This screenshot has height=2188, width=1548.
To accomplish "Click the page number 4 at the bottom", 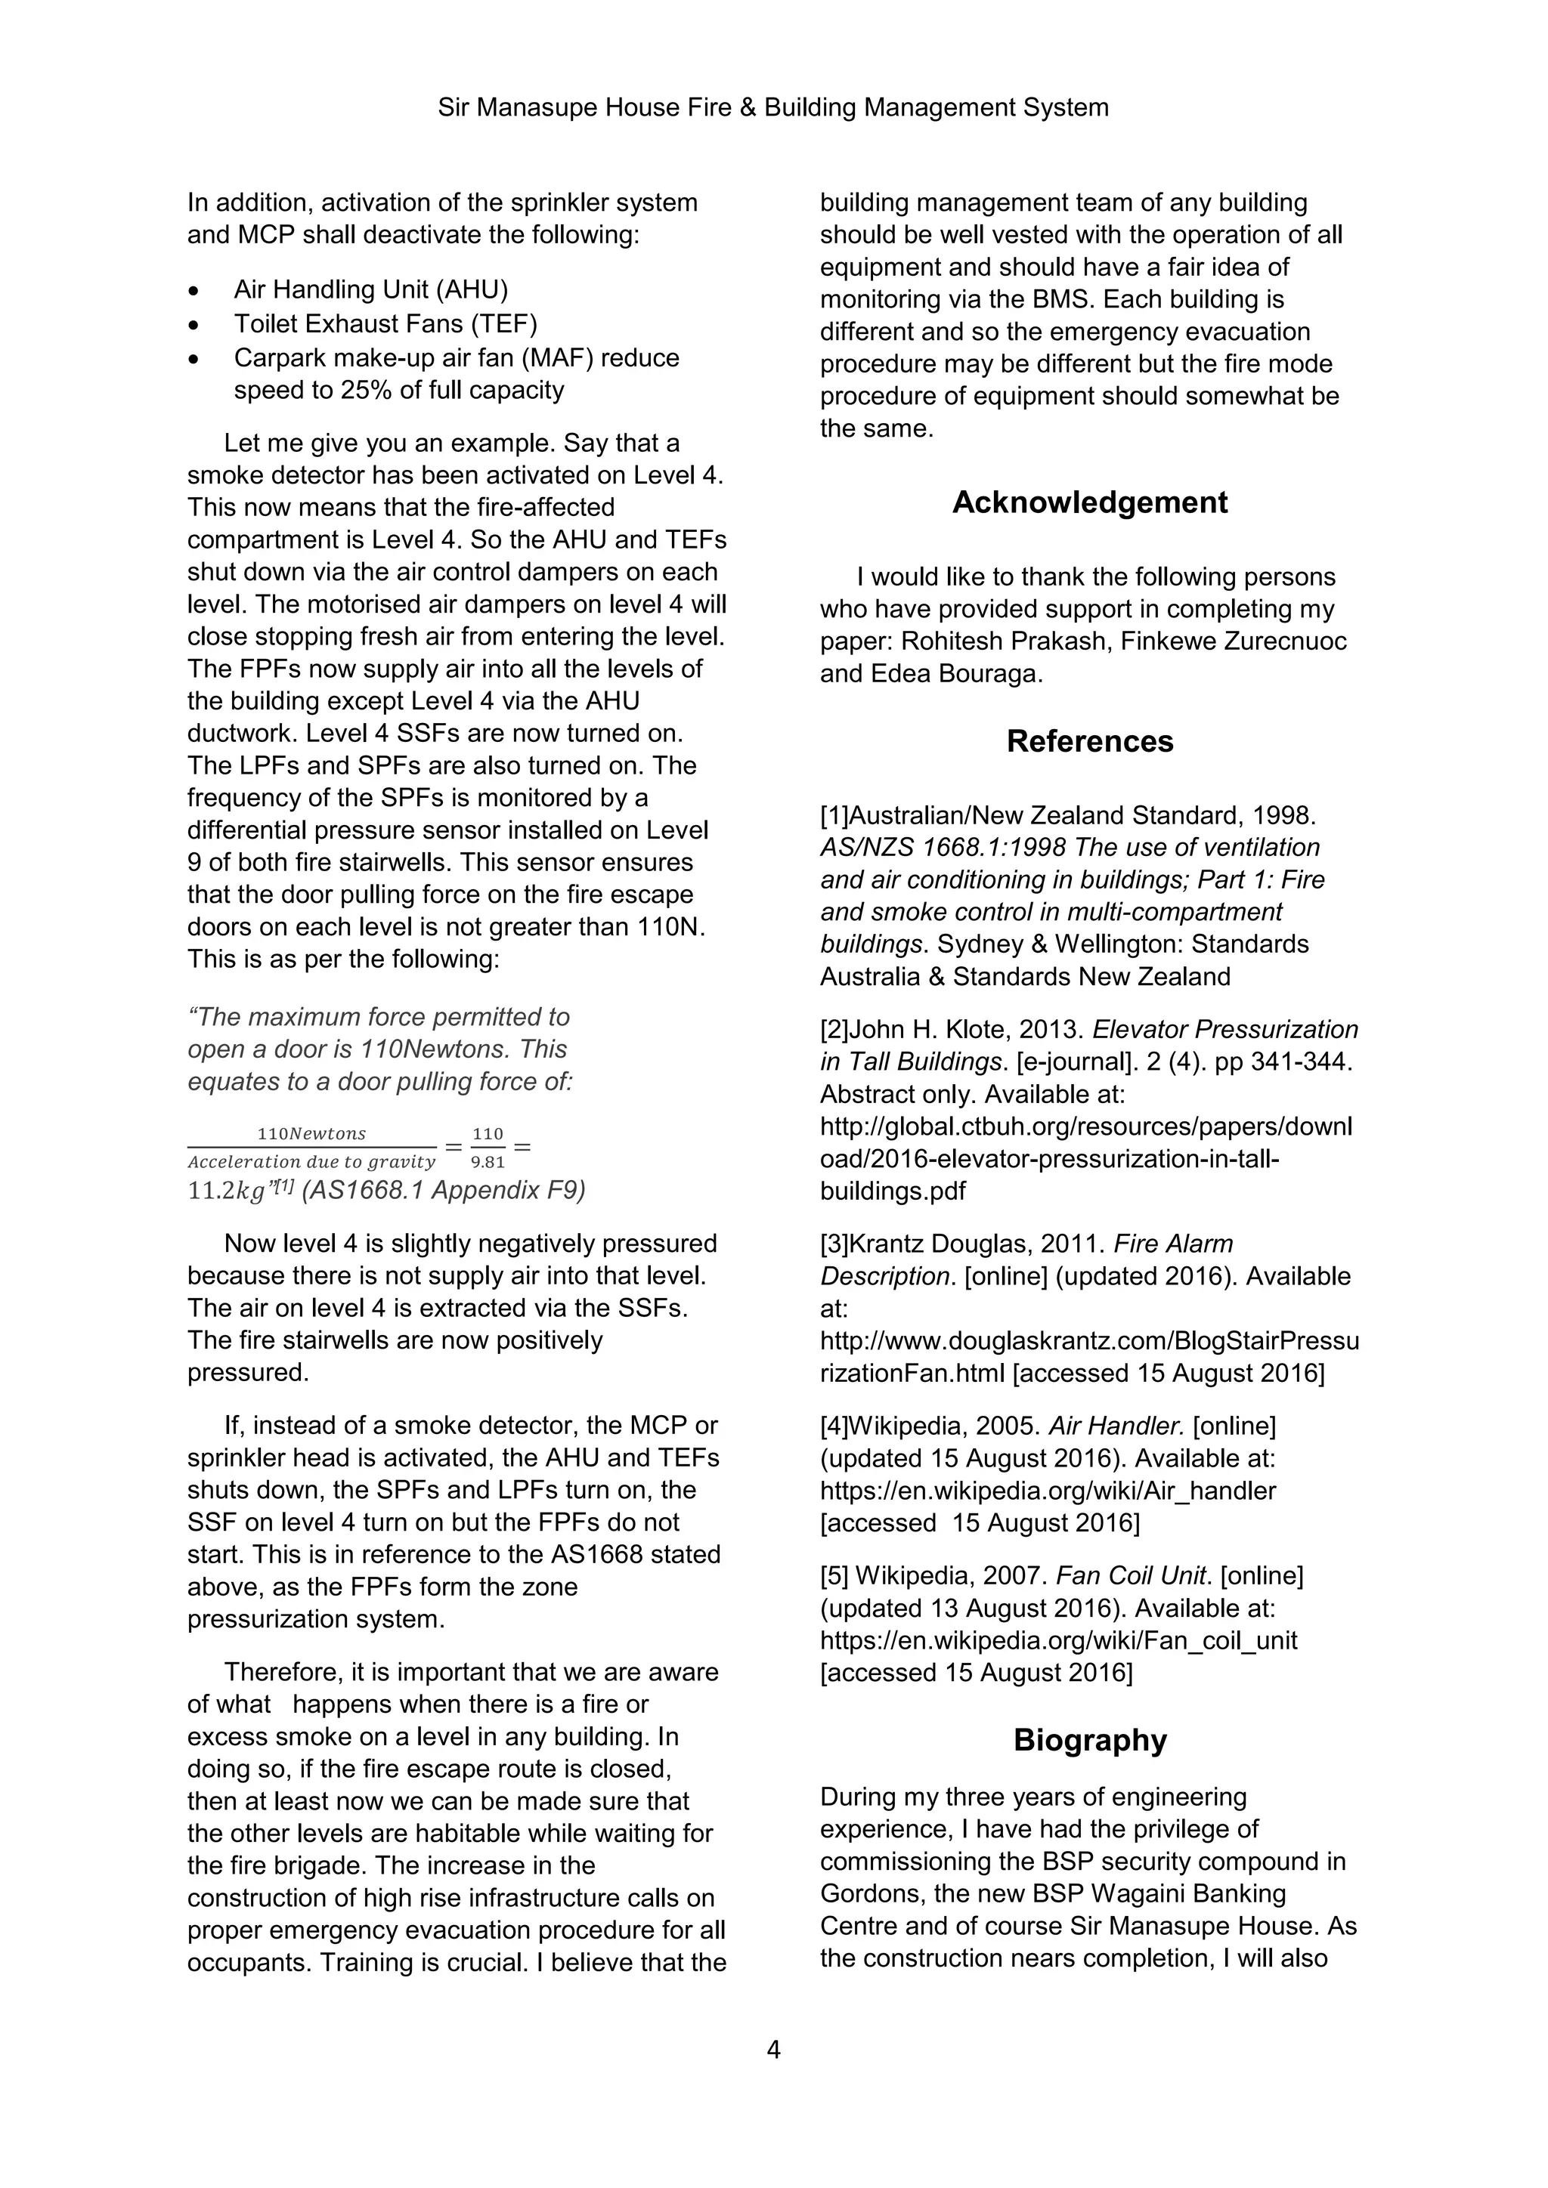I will click(773, 2049).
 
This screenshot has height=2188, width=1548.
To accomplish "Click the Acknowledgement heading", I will click(1089, 502).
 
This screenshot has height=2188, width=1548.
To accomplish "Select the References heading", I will click(1089, 740).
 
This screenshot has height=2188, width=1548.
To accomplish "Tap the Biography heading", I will click(1089, 1739).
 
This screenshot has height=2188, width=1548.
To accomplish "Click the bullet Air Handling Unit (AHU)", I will click(371, 289).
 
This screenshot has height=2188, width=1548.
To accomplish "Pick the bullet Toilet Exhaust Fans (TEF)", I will click(385, 324).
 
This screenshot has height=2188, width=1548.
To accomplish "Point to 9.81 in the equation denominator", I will click(488, 1163).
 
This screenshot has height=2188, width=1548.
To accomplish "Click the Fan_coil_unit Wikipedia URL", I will click(1058, 1640).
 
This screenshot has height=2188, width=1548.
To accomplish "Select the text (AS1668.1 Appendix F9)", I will click(443, 1190).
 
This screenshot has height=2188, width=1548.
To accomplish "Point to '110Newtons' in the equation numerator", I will click(311, 1133).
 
